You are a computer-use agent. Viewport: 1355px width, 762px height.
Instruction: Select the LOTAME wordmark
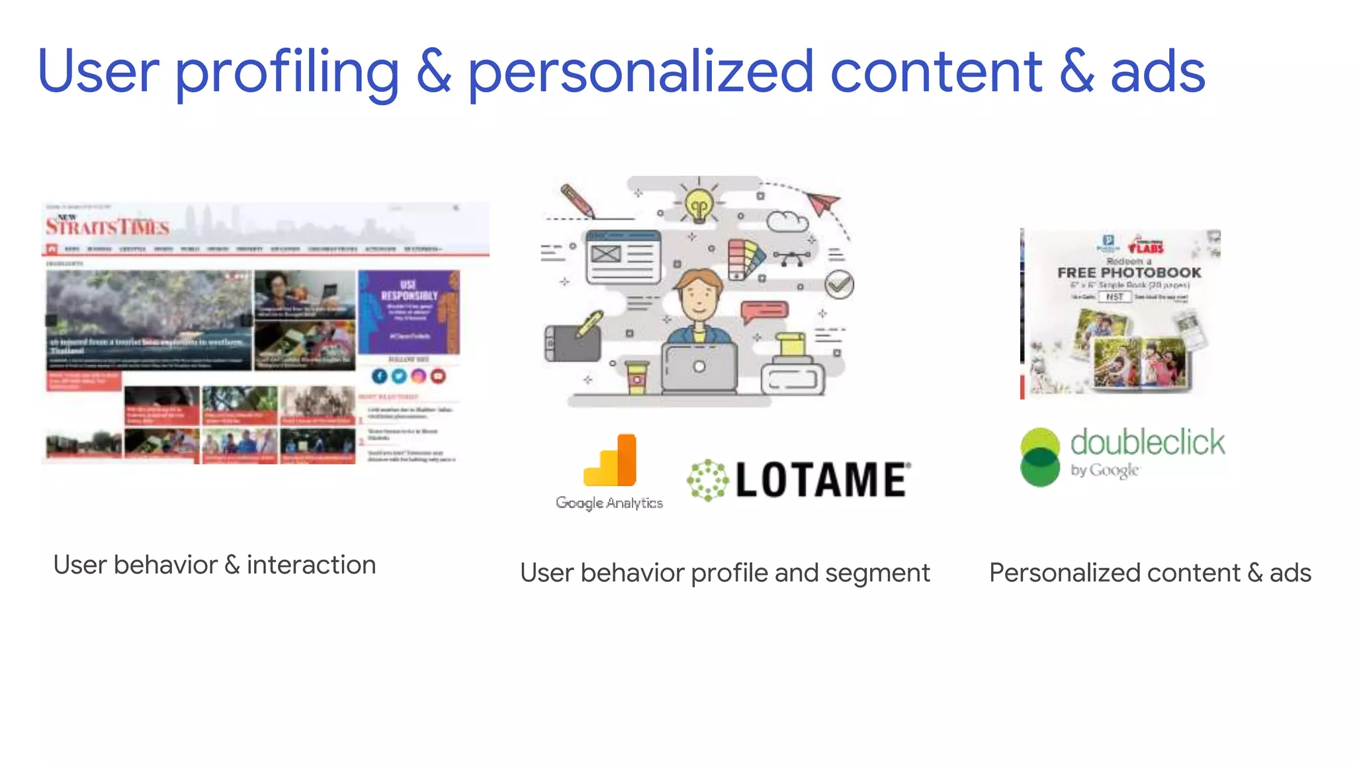[822, 480]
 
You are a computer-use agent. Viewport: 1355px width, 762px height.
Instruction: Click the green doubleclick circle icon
[1040, 457]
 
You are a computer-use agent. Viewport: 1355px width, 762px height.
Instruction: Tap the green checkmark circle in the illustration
[839, 284]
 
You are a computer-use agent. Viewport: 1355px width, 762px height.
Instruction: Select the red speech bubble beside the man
[764, 310]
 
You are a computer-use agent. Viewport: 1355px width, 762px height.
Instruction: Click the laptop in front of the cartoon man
[699, 368]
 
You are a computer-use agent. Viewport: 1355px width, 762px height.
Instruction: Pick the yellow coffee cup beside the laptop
[636, 377]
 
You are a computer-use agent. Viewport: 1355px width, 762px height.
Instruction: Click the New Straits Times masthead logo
[107, 226]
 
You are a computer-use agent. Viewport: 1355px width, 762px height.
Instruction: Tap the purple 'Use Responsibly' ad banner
[409, 312]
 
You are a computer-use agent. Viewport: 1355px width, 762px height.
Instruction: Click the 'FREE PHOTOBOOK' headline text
[1129, 273]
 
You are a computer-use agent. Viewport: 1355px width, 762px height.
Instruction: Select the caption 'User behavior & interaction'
[214, 565]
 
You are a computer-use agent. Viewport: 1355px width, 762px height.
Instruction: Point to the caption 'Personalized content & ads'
[1150, 573]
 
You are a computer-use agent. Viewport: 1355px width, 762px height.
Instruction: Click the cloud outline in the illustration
[787, 221]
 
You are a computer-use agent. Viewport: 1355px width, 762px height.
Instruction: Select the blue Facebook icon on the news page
[379, 376]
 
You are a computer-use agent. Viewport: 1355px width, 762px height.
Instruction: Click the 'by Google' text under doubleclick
[1104, 470]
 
